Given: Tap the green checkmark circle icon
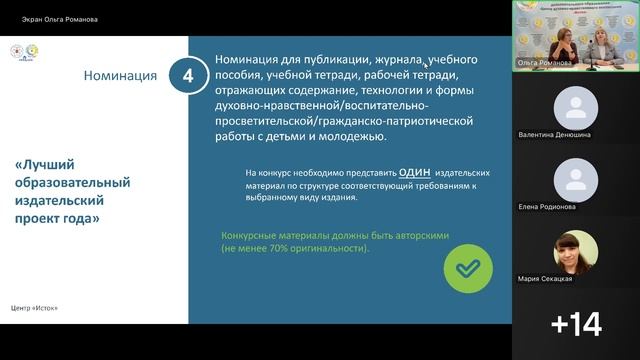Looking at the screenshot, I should (467, 268).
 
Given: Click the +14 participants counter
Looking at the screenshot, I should (576, 323).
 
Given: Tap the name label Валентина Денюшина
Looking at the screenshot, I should (555, 133).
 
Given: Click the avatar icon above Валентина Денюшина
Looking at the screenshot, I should (575, 105).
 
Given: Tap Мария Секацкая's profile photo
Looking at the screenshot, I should (575, 250).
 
